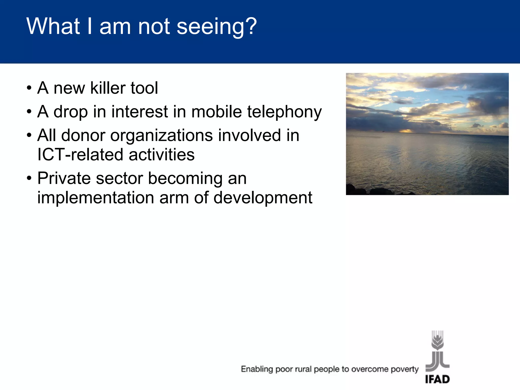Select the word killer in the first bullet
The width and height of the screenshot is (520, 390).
pyautogui.click(x=108, y=88)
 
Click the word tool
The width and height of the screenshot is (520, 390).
pyautogui.click(x=144, y=88)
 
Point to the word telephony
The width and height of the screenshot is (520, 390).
pyautogui.click(x=284, y=112)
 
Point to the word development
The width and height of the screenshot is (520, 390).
pyautogui.click(x=263, y=198)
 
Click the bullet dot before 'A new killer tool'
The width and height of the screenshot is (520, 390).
pyautogui.click(x=29, y=88)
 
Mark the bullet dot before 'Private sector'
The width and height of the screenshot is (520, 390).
pyautogui.click(x=29, y=178)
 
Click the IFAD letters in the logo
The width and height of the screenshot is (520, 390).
pyautogui.click(x=437, y=379)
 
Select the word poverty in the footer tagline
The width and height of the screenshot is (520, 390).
pyautogui.click(x=404, y=369)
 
